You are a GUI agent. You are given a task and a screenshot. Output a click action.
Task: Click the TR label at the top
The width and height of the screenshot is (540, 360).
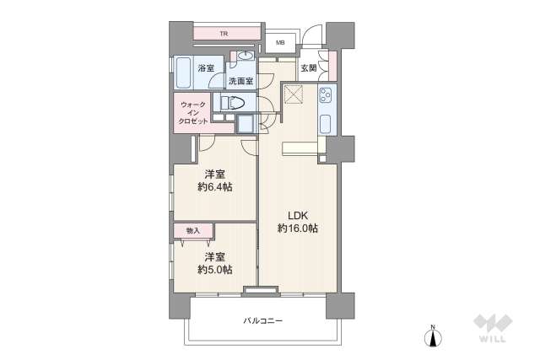point(224,35)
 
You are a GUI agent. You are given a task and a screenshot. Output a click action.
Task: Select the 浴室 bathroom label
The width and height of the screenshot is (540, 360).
point(205,67)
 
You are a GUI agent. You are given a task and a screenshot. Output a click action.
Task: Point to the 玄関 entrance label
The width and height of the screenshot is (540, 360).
point(309,68)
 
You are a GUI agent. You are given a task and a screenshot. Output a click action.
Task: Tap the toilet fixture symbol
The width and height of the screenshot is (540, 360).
point(234,103)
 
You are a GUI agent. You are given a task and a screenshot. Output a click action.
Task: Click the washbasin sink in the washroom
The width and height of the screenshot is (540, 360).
point(246,57)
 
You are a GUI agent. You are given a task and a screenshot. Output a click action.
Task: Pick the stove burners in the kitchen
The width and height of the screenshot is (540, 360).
point(326,99)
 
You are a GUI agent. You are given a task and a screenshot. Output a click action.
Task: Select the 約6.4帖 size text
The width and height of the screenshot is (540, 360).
point(215,186)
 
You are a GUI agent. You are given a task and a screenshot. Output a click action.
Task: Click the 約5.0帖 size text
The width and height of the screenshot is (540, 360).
point(215,270)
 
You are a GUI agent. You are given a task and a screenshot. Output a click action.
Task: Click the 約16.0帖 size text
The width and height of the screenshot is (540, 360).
point(298,228)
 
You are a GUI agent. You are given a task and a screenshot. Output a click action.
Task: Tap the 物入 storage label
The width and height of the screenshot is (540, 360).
point(193,230)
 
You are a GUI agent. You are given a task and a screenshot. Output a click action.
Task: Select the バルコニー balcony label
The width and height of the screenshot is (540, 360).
point(263,321)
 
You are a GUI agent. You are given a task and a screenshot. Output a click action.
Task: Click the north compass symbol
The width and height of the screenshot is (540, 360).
point(434,337)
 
